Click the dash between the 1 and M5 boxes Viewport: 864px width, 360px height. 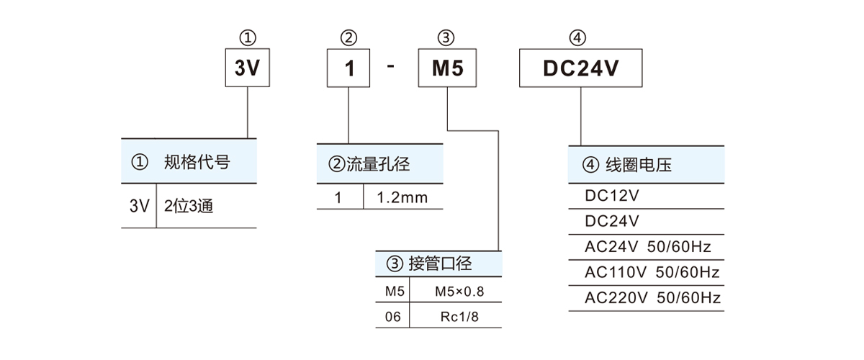pyautogui.click(x=391, y=66)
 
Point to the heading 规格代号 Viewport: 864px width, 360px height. pyautogui.click(x=197, y=162)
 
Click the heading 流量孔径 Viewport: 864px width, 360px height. pyautogui.click(x=378, y=164)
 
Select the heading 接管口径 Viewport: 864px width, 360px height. pyautogui.click(x=440, y=264)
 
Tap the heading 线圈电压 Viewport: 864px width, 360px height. pyautogui.click(x=639, y=165)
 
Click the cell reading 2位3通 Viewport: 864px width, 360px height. pyautogui.click(x=189, y=206)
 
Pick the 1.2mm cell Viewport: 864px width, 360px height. pyautogui.click(x=402, y=197)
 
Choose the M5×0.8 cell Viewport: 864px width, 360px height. pyautogui.click(x=459, y=292)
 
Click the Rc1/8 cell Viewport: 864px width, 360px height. pyautogui.click(x=459, y=317)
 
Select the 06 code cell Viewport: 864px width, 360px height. pyautogui.click(x=392, y=317)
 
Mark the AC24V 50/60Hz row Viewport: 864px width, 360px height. pyautogui.click(x=647, y=247)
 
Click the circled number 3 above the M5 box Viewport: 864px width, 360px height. pyautogui.click(x=446, y=38)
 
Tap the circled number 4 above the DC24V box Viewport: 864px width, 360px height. pyautogui.click(x=577, y=38)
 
